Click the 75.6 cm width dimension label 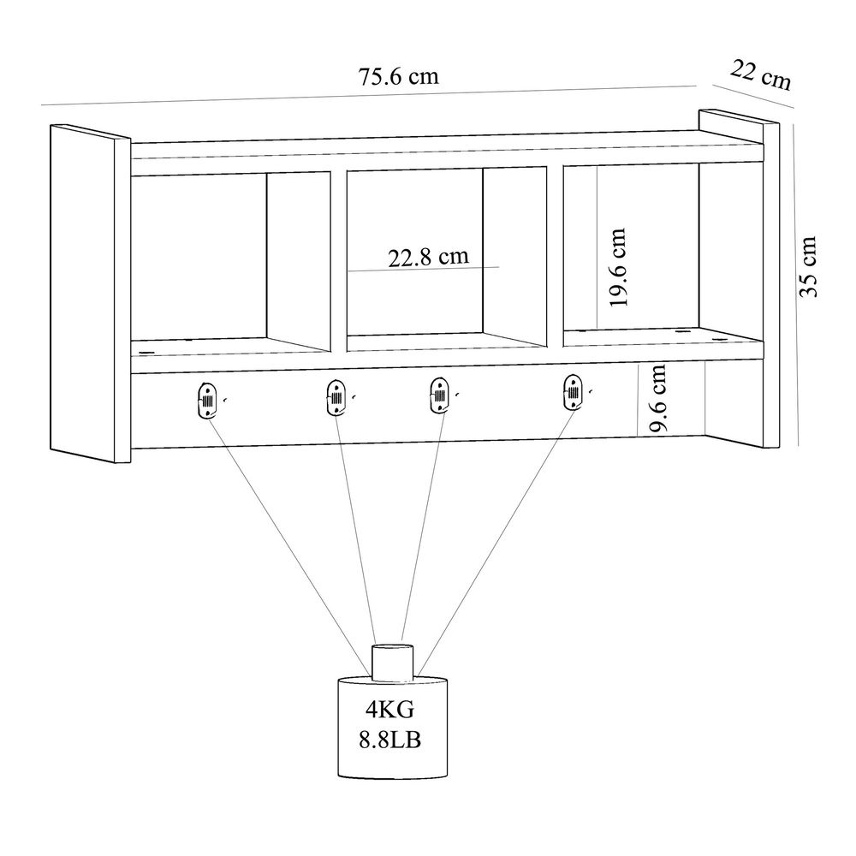click(399, 76)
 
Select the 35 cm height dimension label click(807, 266)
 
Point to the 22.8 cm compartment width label click(429, 257)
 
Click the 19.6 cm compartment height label click(617, 267)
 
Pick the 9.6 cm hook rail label click(657, 397)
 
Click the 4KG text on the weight click(390, 709)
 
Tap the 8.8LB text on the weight click(390, 740)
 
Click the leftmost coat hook click(207, 400)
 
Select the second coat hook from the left click(336, 397)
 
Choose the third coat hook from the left click(438, 395)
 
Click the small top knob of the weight click(392, 663)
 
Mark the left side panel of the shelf click(90, 294)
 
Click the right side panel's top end click(740, 116)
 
